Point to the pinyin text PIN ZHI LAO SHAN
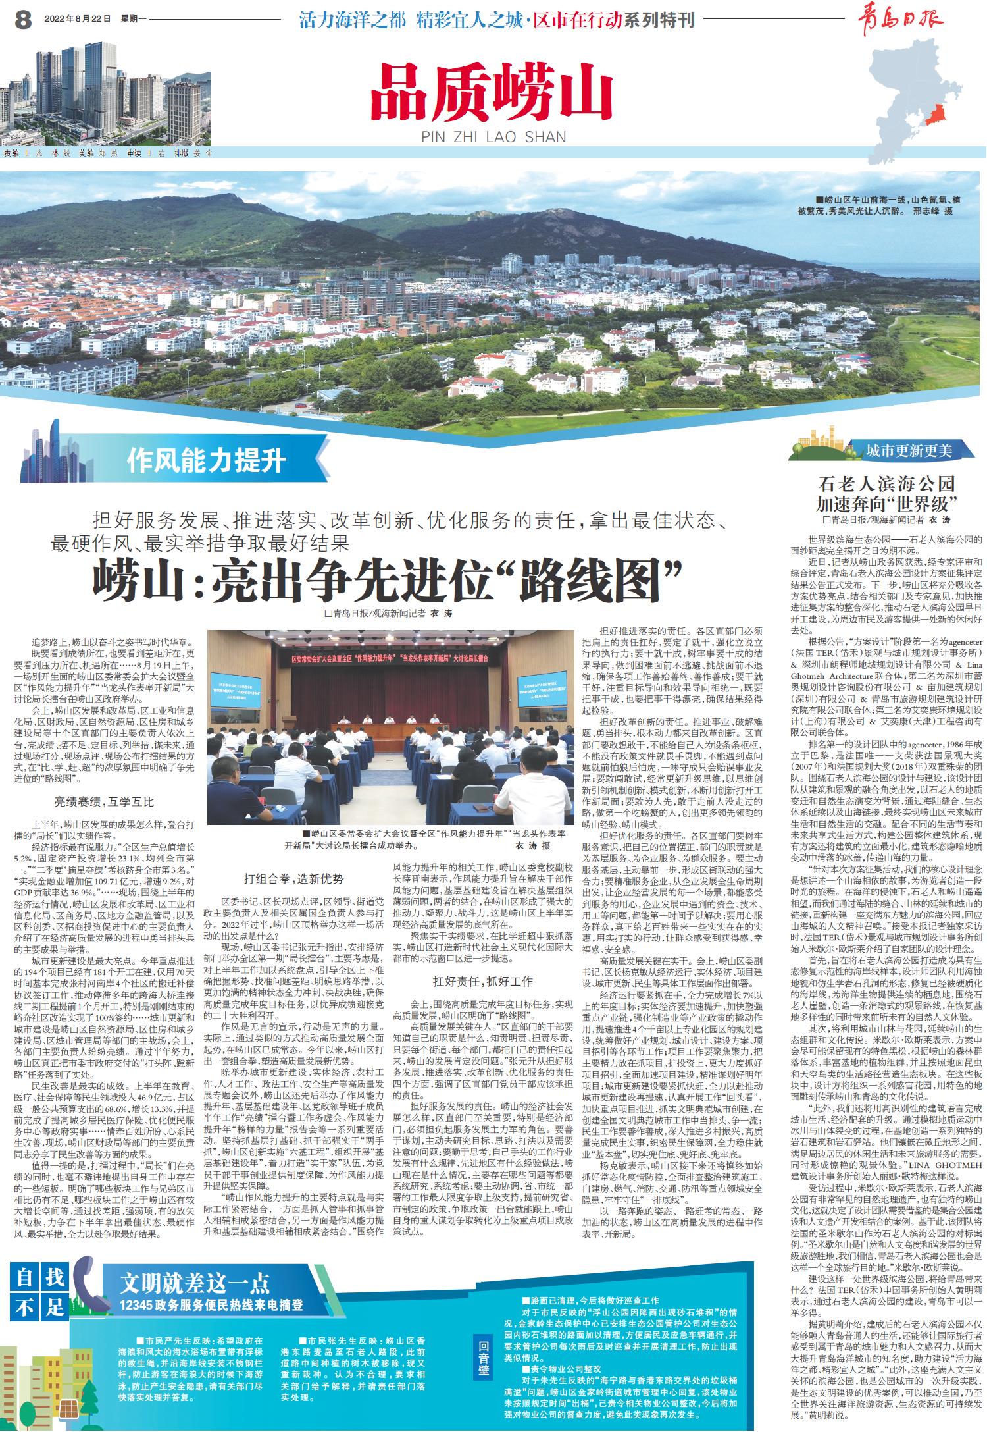(x=492, y=137)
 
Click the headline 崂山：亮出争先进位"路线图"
(x=389, y=578)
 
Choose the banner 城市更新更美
(x=909, y=451)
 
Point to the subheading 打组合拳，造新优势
(x=293, y=879)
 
